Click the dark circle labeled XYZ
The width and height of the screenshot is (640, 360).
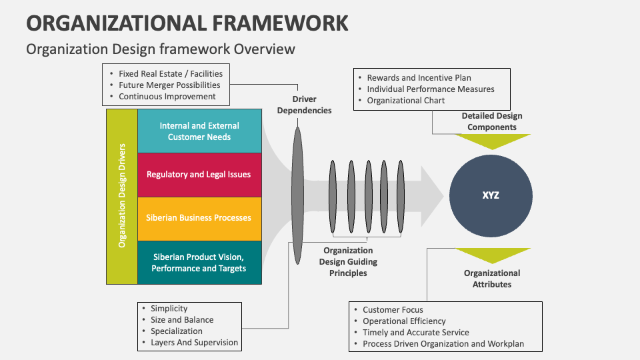pyautogui.click(x=491, y=195)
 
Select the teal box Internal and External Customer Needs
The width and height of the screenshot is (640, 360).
pyautogui.click(x=199, y=131)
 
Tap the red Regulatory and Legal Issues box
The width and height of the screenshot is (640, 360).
pyautogui.click(x=199, y=175)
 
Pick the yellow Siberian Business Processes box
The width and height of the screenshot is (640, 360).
pyautogui.click(x=199, y=218)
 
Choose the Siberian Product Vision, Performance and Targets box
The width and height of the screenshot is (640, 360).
pyautogui.click(x=199, y=263)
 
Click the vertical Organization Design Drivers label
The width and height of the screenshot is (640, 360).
pyautogui.click(x=122, y=197)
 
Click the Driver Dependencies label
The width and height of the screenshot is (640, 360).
pyautogui.click(x=304, y=105)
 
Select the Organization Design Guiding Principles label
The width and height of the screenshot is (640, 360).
pyautogui.click(x=347, y=261)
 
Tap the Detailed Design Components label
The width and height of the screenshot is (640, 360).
pyautogui.click(x=491, y=121)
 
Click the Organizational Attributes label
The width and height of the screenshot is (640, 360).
pyautogui.click(x=492, y=279)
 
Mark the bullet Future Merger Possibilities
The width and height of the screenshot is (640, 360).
pyautogui.click(x=169, y=85)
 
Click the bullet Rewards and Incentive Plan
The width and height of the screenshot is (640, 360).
pyautogui.click(x=419, y=78)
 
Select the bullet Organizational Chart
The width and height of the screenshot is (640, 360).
pyautogui.click(x=405, y=101)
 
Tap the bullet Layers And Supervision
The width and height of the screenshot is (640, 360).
pyautogui.click(x=194, y=343)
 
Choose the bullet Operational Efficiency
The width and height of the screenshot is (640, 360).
pyautogui.click(x=404, y=321)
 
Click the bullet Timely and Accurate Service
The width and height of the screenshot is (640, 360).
pyautogui.click(x=416, y=333)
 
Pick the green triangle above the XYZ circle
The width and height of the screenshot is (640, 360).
pyautogui.click(x=492, y=141)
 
